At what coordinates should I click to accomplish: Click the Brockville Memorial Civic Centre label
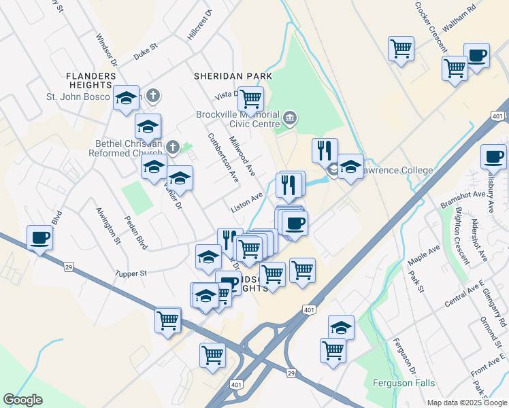(x=238, y=119)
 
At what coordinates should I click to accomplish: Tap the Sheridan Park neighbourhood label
(x=233, y=76)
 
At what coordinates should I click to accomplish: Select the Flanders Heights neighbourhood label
(x=88, y=80)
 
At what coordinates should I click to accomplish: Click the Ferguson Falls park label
(x=404, y=383)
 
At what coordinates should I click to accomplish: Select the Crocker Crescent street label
(x=431, y=27)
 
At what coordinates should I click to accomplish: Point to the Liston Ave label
(x=246, y=203)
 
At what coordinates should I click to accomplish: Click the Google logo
(x=22, y=400)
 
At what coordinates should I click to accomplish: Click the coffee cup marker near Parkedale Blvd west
(x=39, y=238)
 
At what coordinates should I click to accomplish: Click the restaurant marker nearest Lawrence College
(x=325, y=150)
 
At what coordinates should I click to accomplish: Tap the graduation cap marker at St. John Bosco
(x=127, y=98)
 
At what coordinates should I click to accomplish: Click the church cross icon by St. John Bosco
(x=153, y=96)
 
